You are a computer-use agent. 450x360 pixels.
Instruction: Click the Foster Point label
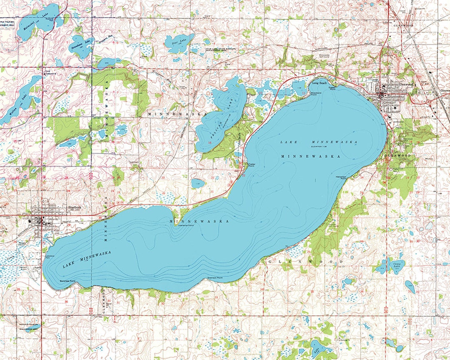click(251, 165)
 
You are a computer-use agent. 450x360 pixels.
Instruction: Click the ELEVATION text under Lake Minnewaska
click(319, 147)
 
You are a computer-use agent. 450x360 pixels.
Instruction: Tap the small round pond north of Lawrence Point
click(196, 183)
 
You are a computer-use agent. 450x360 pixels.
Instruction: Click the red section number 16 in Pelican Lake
click(210, 142)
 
